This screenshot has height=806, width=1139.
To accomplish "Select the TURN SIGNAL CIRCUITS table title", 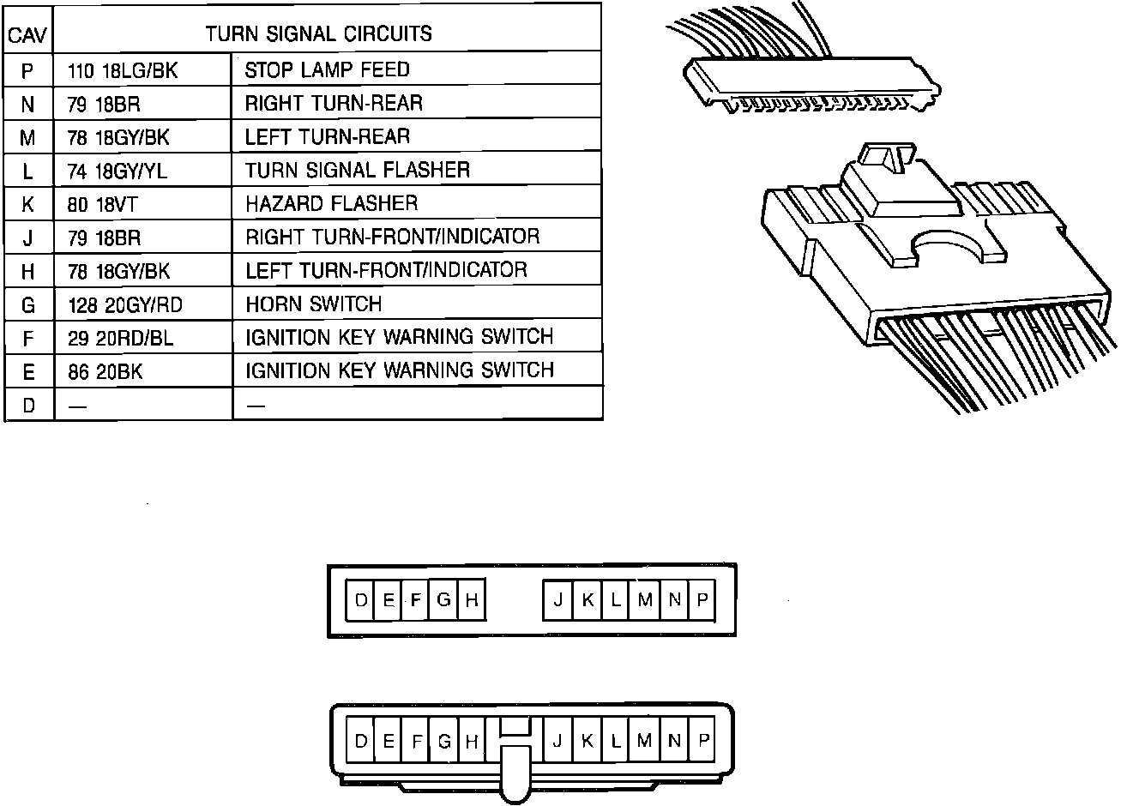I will tap(318, 34).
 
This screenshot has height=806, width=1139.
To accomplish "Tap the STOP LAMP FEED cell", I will tap(327, 69).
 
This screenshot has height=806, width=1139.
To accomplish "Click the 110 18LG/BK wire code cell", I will tap(123, 70).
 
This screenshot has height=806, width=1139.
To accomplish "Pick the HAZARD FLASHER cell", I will tap(331, 203).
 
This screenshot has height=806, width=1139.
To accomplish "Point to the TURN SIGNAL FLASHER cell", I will tap(357, 170).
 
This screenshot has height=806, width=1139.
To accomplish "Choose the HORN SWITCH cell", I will tap(313, 304).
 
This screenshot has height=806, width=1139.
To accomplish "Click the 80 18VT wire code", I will tap(102, 204).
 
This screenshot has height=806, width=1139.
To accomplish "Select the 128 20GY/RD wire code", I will tap(124, 304).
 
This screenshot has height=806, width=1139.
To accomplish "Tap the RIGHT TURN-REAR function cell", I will tap(334, 104).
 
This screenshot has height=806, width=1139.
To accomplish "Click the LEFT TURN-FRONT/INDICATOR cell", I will tap(386, 270).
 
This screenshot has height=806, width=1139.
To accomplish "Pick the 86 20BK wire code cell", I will tap(106, 371).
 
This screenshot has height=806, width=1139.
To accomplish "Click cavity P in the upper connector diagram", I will tap(702, 599).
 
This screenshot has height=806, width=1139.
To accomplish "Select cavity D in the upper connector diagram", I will tap(360, 599).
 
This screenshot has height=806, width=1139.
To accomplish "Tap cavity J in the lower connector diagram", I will tap(557, 741).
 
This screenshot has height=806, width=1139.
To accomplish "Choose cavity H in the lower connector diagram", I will tap(471, 741).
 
